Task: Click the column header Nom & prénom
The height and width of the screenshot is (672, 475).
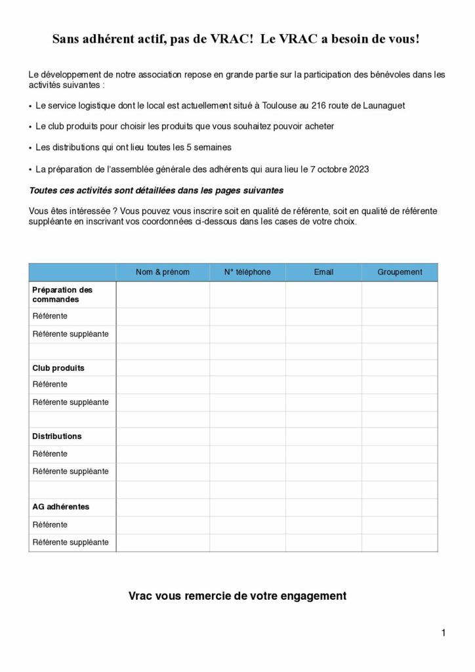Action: (163, 272)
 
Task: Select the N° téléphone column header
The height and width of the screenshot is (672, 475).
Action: (247, 272)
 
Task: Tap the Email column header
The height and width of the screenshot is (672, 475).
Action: (323, 272)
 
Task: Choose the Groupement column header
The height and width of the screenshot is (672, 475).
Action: (400, 272)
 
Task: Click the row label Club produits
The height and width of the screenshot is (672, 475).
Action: (58, 368)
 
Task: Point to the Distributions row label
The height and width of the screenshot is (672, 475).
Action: (57, 436)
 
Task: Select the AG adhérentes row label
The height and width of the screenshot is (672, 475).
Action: (61, 507)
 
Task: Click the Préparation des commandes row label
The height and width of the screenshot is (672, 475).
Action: (62, 295)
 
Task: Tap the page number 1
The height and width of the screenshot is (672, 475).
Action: (444, 633)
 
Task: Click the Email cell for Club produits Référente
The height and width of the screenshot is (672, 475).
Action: (323, 385)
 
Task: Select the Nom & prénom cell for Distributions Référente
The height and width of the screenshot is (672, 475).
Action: (163, 453)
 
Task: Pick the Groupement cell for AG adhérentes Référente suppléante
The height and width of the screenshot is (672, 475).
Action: (400, 543)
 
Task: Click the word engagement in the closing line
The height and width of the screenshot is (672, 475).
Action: (313, 596)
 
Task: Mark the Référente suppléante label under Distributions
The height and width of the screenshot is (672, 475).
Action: (71, 472)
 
